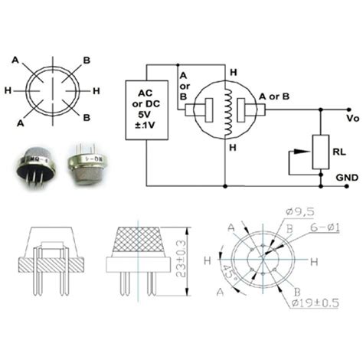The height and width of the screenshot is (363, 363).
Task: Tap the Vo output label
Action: [x=352, y=119]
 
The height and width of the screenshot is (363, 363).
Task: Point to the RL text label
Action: [x=338, y=152]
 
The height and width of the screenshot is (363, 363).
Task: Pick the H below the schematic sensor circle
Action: [x=233, y=146]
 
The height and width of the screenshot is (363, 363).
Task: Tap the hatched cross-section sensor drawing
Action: [x=51, y=257]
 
